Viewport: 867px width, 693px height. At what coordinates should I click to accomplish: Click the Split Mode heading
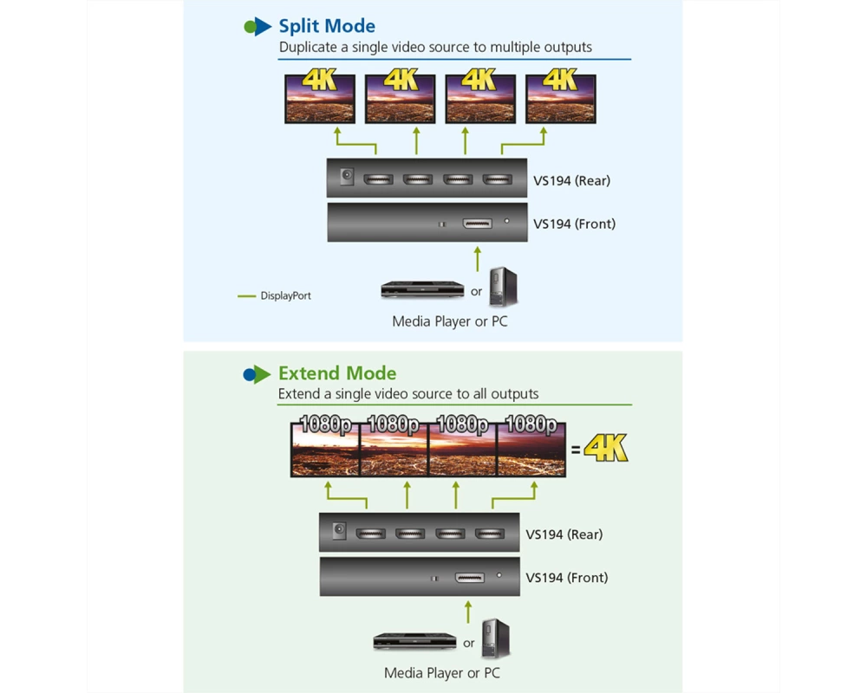[327, 26]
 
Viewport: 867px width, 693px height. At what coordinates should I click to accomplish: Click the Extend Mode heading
[337, 373]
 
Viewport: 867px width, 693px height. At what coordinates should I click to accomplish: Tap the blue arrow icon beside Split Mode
[262, 27]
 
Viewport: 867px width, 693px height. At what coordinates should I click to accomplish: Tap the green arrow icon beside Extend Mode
[262, 374]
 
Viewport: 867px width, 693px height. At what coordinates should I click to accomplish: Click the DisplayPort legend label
[286, 295]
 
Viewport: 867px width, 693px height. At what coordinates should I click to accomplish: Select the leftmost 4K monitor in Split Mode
[320, 99]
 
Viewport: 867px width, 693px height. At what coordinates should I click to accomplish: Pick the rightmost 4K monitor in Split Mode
[561, 99]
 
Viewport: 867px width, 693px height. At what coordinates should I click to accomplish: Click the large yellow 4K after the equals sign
[606, 448]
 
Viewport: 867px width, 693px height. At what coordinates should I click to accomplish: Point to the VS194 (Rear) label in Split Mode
[571, 181]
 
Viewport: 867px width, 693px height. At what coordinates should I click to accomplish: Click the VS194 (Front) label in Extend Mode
[567, 578]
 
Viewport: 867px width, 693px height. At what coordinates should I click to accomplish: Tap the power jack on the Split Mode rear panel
[347, 177]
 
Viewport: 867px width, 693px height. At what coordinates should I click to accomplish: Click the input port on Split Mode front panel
[477, 223]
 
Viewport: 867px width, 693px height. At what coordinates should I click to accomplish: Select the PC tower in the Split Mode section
[503, 287]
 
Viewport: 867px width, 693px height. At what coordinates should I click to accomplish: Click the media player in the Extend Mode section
[414, 642]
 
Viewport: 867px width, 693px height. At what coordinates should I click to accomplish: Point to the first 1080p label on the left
[325, 424]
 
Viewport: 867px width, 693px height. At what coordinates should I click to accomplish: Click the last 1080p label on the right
[531, 424]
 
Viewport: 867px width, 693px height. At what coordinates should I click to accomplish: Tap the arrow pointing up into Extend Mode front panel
[468, 612]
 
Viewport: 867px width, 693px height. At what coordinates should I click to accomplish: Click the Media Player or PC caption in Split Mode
[449, 321]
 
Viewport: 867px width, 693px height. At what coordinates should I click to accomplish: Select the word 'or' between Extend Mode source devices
[469, 644]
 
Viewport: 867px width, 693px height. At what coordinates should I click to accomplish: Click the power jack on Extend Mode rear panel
[339, 530]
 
